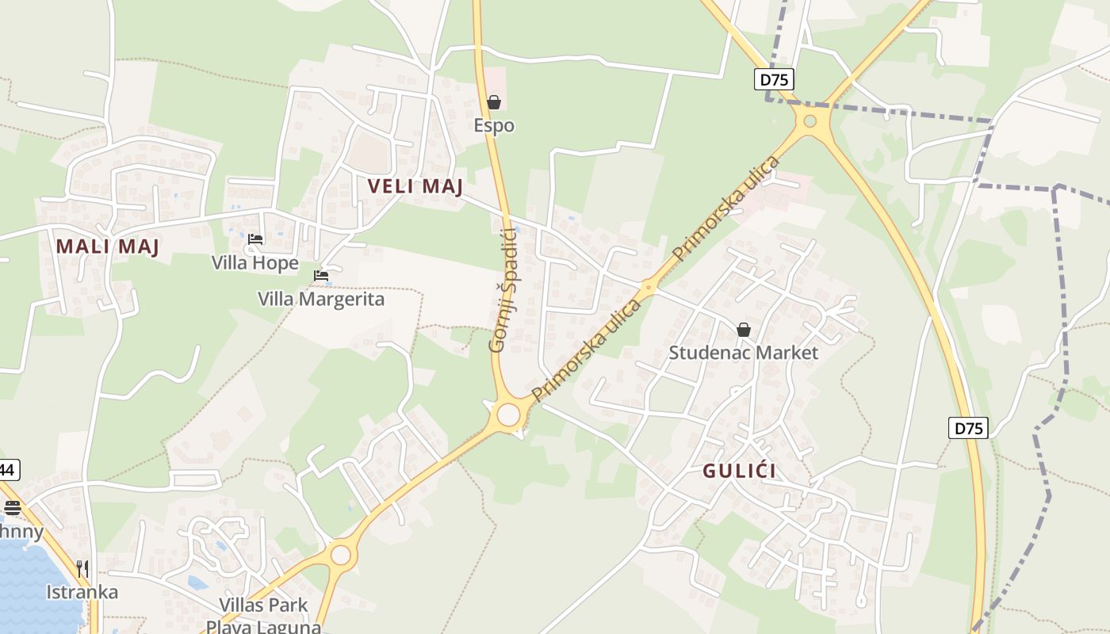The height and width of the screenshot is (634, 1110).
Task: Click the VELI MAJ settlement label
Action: (415, 186)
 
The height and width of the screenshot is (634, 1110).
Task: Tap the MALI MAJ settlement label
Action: (108, 246)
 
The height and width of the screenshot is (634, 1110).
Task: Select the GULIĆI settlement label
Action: (739, 471)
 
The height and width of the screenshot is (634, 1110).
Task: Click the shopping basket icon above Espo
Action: (494, 102)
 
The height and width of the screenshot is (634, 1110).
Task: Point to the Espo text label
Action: (494, 125)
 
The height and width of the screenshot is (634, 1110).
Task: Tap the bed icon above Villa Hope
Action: (255, 239)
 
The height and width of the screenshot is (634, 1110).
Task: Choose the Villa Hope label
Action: (255, 262)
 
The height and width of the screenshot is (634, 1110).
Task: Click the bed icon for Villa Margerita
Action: (321, 276)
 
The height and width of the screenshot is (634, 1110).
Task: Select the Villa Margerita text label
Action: (321, 299)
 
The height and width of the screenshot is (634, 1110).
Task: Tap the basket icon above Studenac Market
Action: (744, 330)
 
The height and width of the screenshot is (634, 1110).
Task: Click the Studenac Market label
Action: (743, 353)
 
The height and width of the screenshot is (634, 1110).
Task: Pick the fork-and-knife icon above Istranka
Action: (82, 568)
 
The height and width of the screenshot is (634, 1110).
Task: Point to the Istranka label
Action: (82, 592)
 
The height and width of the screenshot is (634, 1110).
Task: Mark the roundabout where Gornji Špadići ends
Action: (508, 414)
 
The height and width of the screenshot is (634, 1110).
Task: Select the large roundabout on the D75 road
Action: (810, 121)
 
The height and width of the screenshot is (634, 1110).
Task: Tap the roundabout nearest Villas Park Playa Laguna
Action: (341, 555)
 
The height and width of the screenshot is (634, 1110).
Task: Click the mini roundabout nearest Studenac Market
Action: (649, 287)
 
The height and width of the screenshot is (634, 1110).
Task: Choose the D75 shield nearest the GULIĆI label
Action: (968, 428)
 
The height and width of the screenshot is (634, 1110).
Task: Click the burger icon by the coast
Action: (12, 507)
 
